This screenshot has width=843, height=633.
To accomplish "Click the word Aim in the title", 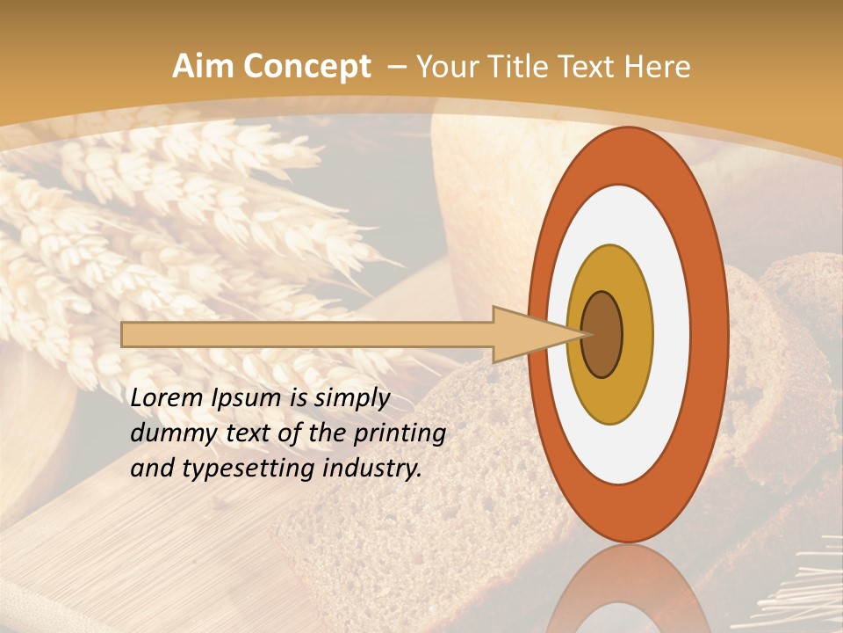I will pyautogui.click(x=204, y=67).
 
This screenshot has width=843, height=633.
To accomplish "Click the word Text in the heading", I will pyautogui.click(x=594, y=67).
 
